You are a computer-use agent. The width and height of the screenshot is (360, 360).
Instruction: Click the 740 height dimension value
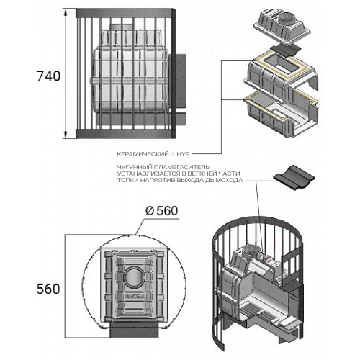point(48,76)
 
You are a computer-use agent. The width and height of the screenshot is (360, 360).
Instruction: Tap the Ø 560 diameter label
point(162,211)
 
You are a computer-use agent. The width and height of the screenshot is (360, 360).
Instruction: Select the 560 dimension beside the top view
point(48,289)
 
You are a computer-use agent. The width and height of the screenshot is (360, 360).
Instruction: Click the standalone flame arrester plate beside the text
point(294,176)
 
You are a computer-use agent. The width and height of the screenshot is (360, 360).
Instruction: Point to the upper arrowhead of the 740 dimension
point(66,12)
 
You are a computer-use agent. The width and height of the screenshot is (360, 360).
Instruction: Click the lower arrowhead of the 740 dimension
point(66,135)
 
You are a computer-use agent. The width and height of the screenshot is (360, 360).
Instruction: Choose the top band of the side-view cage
point(125,13)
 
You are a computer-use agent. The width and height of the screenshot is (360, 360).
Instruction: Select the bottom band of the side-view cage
point(125,134)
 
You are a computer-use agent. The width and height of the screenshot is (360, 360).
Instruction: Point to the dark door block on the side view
point(177,81)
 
